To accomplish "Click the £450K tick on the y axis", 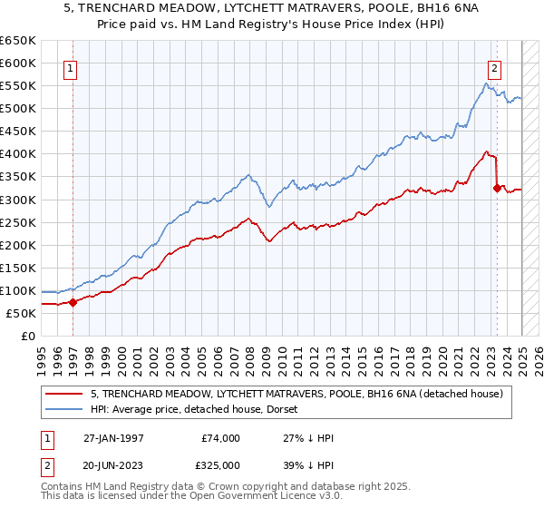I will click(x=17, y=132).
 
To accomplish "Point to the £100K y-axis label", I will click(x=17, y=290).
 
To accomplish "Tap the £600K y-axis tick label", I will click(x=17, y=63).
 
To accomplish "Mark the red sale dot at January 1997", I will click(x=73, y=302).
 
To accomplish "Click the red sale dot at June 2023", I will click(x=497, y=189).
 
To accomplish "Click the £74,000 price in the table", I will click(x=222, y=438).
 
